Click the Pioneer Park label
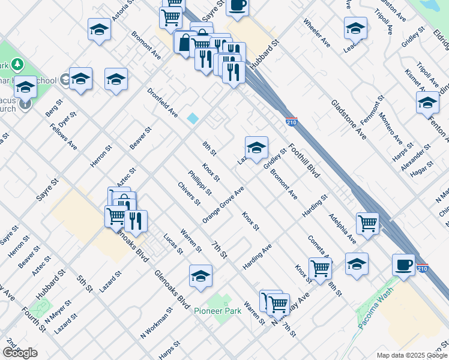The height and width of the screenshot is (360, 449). click(x=217, y=311)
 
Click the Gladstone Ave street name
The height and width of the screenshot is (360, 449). click(x=349, y=116)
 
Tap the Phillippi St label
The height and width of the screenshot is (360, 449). click(x=200, y=182)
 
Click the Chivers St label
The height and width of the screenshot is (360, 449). click(x=189, y=193)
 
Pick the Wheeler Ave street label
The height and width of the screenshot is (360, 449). click(x=317, y=34)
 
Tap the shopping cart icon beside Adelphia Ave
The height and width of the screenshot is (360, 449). click(x=367, y=223)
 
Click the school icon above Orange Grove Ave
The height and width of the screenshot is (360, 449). click(x=256, y=147)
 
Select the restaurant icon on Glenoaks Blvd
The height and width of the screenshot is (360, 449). click(x=136, y=221)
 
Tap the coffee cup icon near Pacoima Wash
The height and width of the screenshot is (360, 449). click(x=403, y=264)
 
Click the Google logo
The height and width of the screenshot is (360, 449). click(x=20, y=353)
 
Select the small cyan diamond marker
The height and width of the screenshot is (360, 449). click(x=193, y=118)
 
